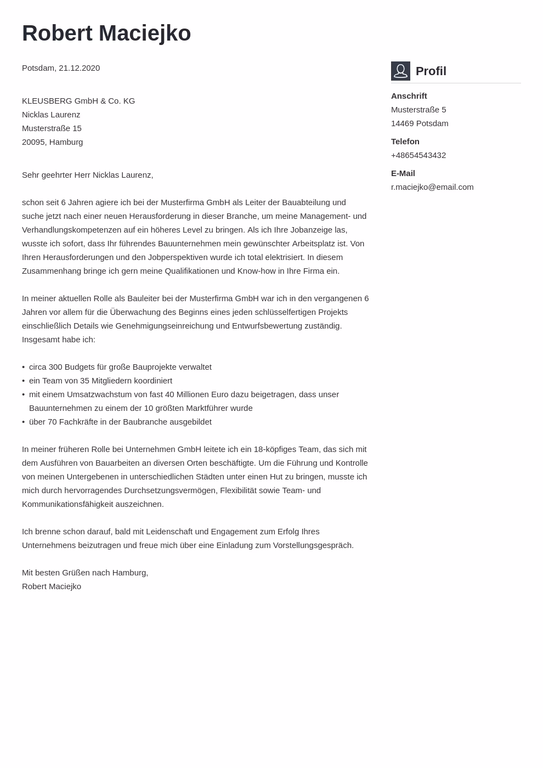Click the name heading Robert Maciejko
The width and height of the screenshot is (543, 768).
106,33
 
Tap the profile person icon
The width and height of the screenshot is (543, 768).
400,71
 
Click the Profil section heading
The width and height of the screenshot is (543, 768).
431,71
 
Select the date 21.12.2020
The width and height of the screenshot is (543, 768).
79,68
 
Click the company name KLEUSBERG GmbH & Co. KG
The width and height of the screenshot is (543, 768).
78,101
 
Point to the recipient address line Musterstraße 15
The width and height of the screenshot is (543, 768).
52,128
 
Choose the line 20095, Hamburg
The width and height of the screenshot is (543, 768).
52,142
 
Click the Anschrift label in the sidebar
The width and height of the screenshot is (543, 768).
409,96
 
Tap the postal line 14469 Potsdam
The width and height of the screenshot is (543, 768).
420,123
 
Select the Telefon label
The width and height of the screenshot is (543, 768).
405,142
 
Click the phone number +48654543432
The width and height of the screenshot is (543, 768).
418,155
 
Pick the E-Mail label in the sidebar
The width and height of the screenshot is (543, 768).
403,173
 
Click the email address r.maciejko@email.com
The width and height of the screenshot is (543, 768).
432,187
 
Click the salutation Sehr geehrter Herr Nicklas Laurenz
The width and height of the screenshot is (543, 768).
87,175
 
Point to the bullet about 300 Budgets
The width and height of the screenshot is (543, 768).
120,367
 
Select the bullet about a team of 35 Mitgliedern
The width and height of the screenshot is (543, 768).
100,381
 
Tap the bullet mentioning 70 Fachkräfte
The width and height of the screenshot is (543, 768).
120,422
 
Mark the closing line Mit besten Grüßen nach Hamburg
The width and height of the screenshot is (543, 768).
85,573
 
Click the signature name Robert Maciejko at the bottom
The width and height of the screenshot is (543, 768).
52,586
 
